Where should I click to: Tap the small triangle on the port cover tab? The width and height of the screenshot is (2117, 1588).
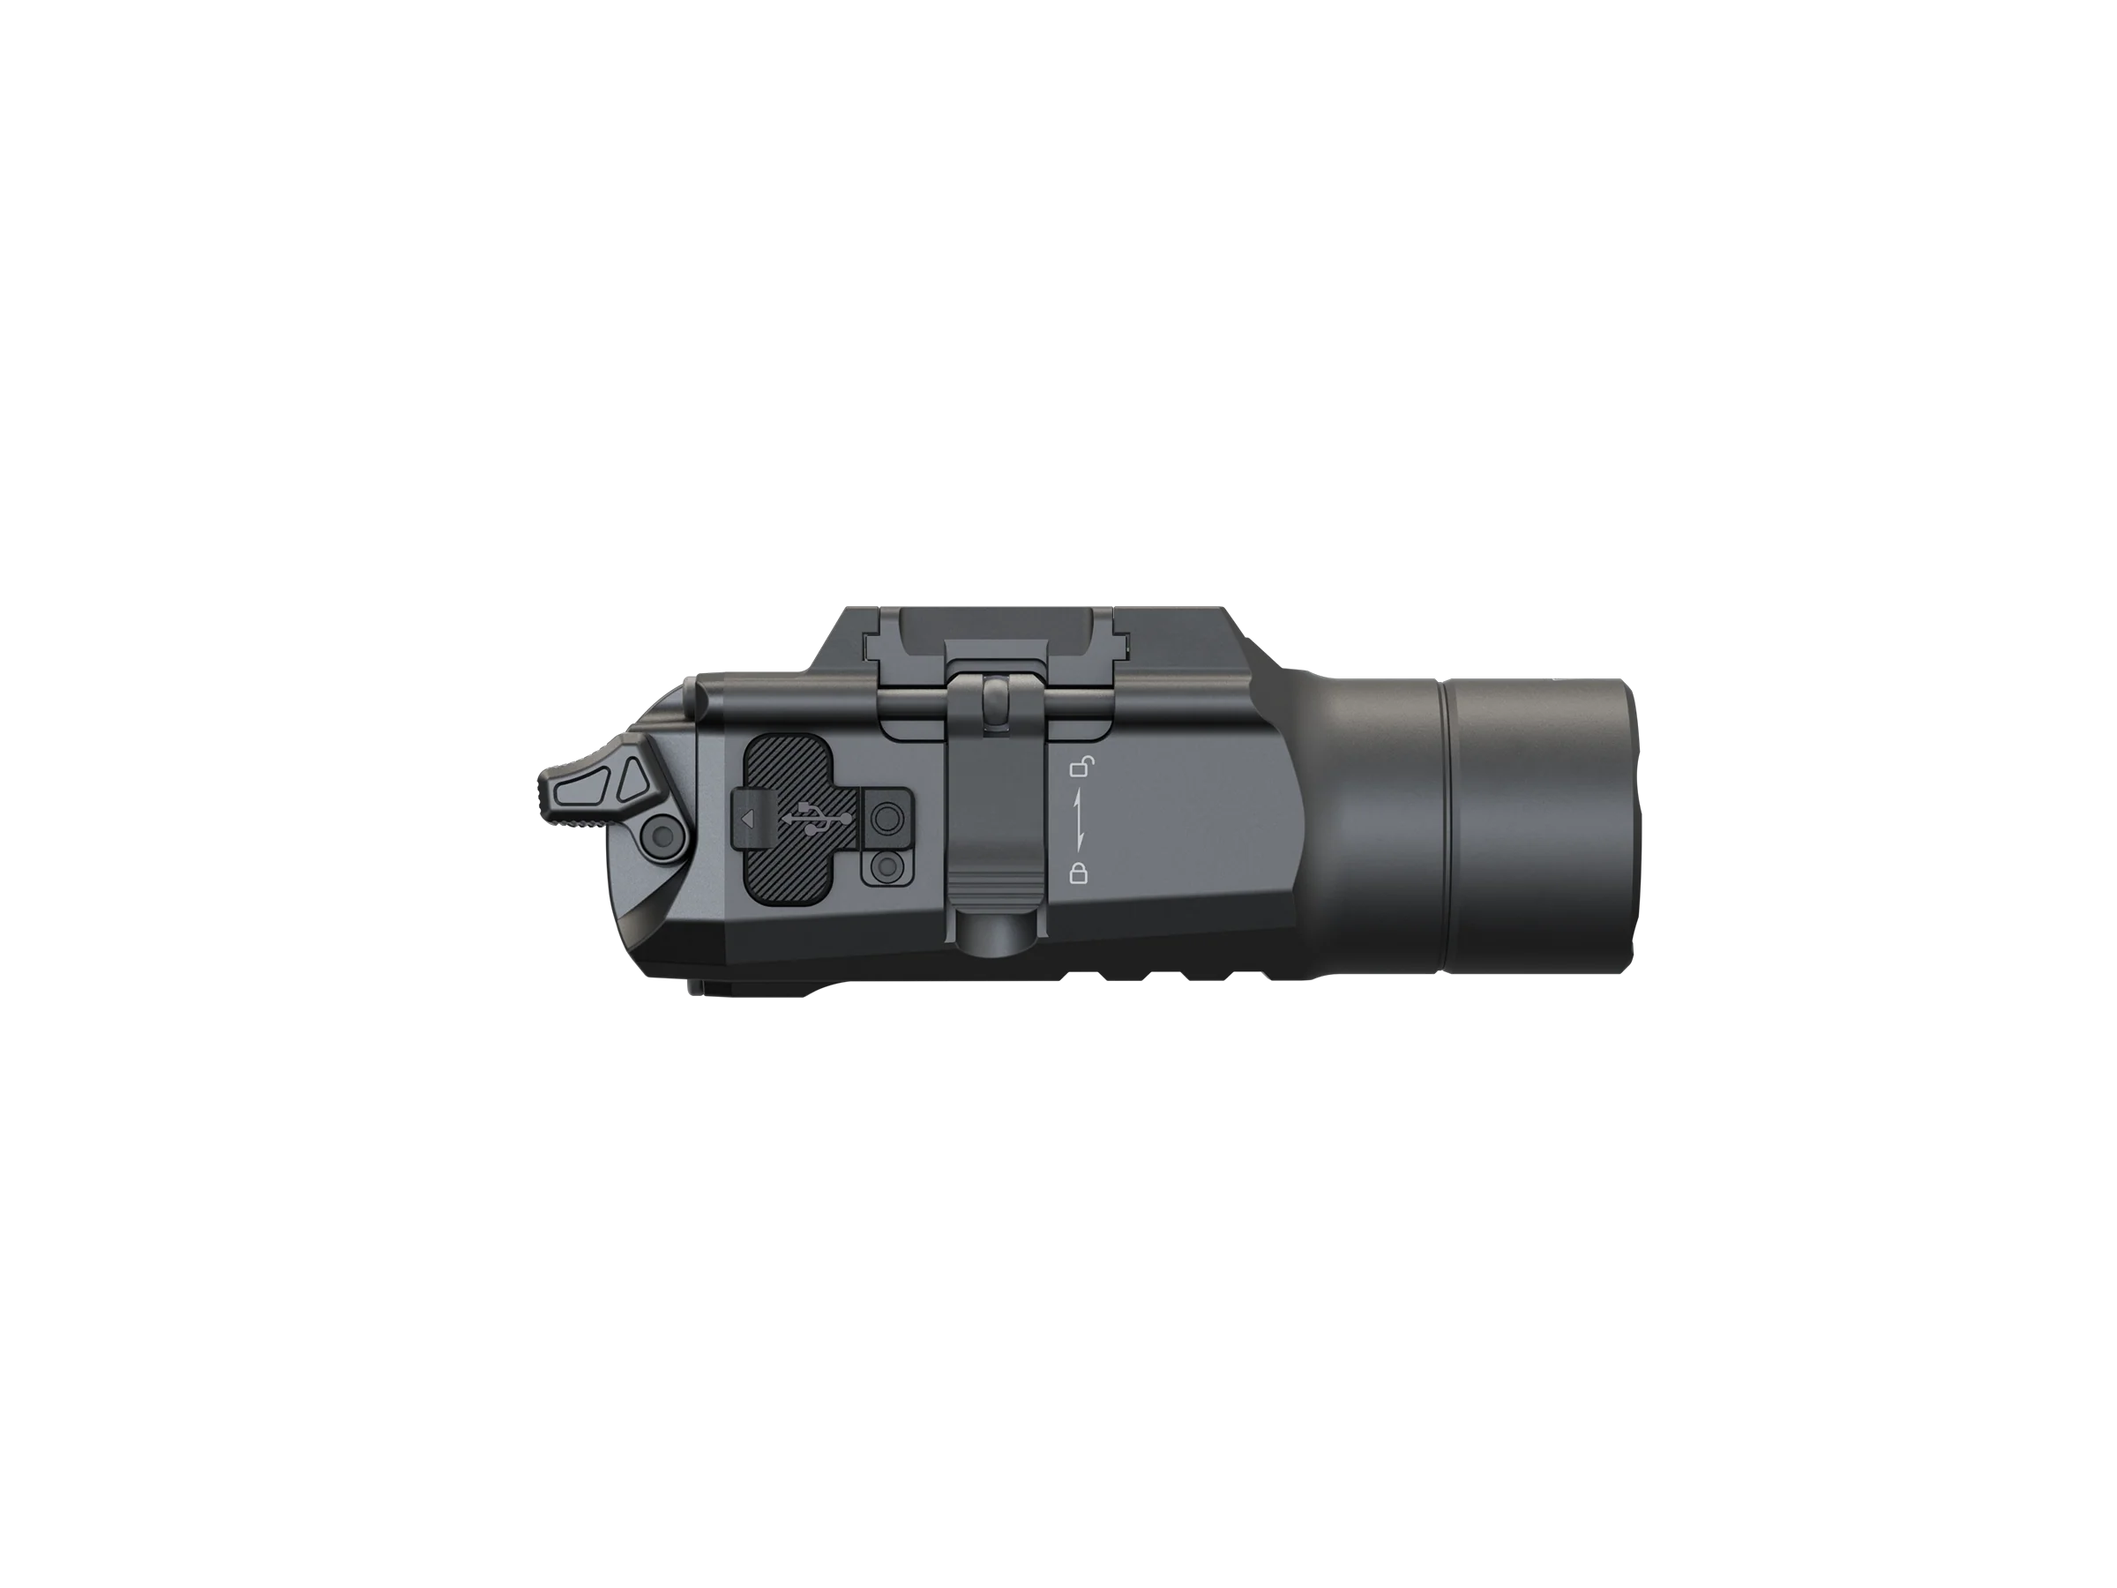click(x=748, y=819)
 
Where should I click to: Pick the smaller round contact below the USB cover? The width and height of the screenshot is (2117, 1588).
click(x=886, y=867)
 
